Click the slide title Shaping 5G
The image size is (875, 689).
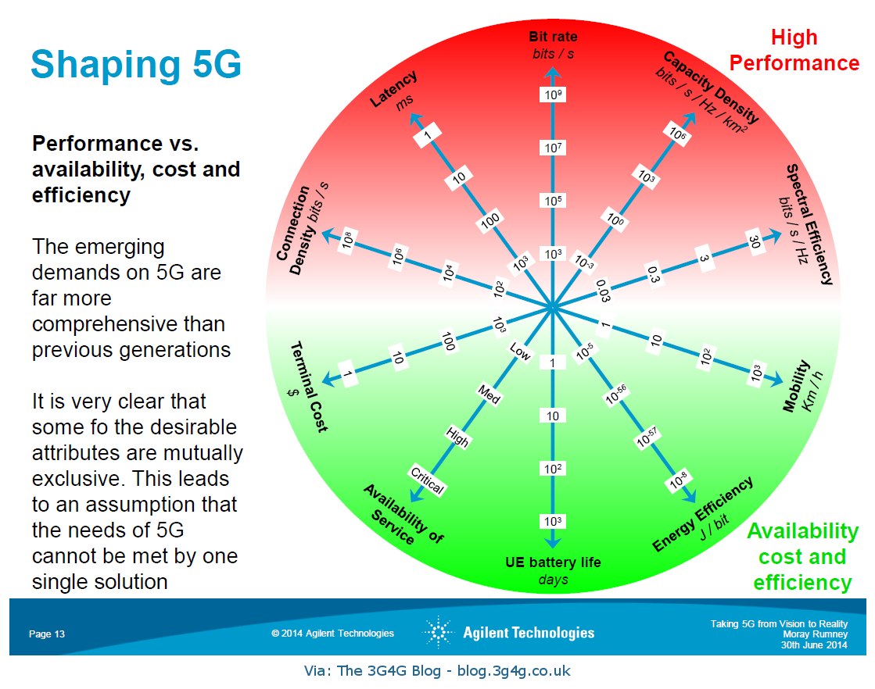(135, 64)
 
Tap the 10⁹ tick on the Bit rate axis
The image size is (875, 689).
(553, 95)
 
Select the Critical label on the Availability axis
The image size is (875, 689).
(427, 480)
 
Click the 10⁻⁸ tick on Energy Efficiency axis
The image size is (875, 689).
(676, 483)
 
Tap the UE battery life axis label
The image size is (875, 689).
(553, 562)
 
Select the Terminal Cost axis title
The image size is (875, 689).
(308, 386)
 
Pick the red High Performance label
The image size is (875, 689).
(794, 50)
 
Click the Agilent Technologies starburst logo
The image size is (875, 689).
(439, 632)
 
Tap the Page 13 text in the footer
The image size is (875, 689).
(47, 634)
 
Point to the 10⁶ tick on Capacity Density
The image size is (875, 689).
(677, 134)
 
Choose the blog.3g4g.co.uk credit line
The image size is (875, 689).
(438, 670)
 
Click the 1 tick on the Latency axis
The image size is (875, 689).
(428, 134)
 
